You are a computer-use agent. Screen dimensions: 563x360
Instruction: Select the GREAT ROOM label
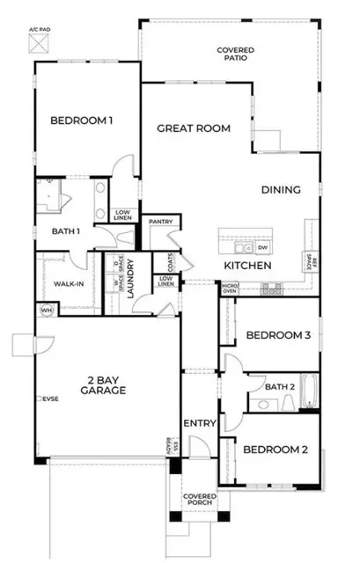point(194,128)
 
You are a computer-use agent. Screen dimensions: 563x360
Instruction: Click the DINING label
point(281,189)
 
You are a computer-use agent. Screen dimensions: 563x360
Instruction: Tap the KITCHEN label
point(247,265)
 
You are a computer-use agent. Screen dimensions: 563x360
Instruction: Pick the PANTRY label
point(160,222)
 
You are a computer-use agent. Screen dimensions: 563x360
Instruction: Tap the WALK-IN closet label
point(56,284)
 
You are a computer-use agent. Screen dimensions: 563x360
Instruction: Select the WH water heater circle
point(45,310)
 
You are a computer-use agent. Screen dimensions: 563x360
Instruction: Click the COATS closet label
point(164,261)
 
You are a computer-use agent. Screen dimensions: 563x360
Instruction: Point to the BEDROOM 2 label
point(275,450)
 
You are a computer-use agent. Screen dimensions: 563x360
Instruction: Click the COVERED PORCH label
point(199,501)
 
